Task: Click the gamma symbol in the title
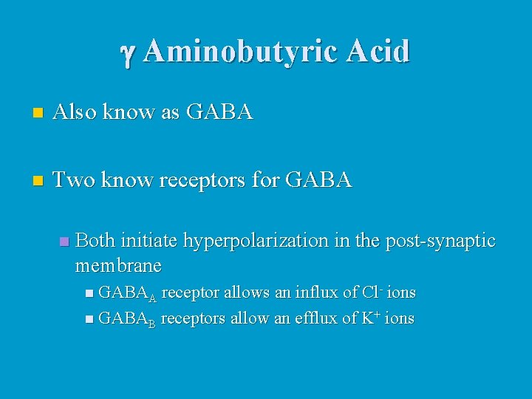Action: pyautogui.click(x=127, y=52)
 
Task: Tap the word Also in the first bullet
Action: pyautogui.click(x=75, y=112)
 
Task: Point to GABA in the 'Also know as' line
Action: pyautogui.click(x=220, y=112)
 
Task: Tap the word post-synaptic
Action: pyautogui.click(x=443, y=241)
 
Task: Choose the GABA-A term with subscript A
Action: pyautogui.click(x=127, y=293)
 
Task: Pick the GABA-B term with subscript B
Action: pyautogui.click(x=127, y=319)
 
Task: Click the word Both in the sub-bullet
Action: pyautogui.click(x=95, y=241)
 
